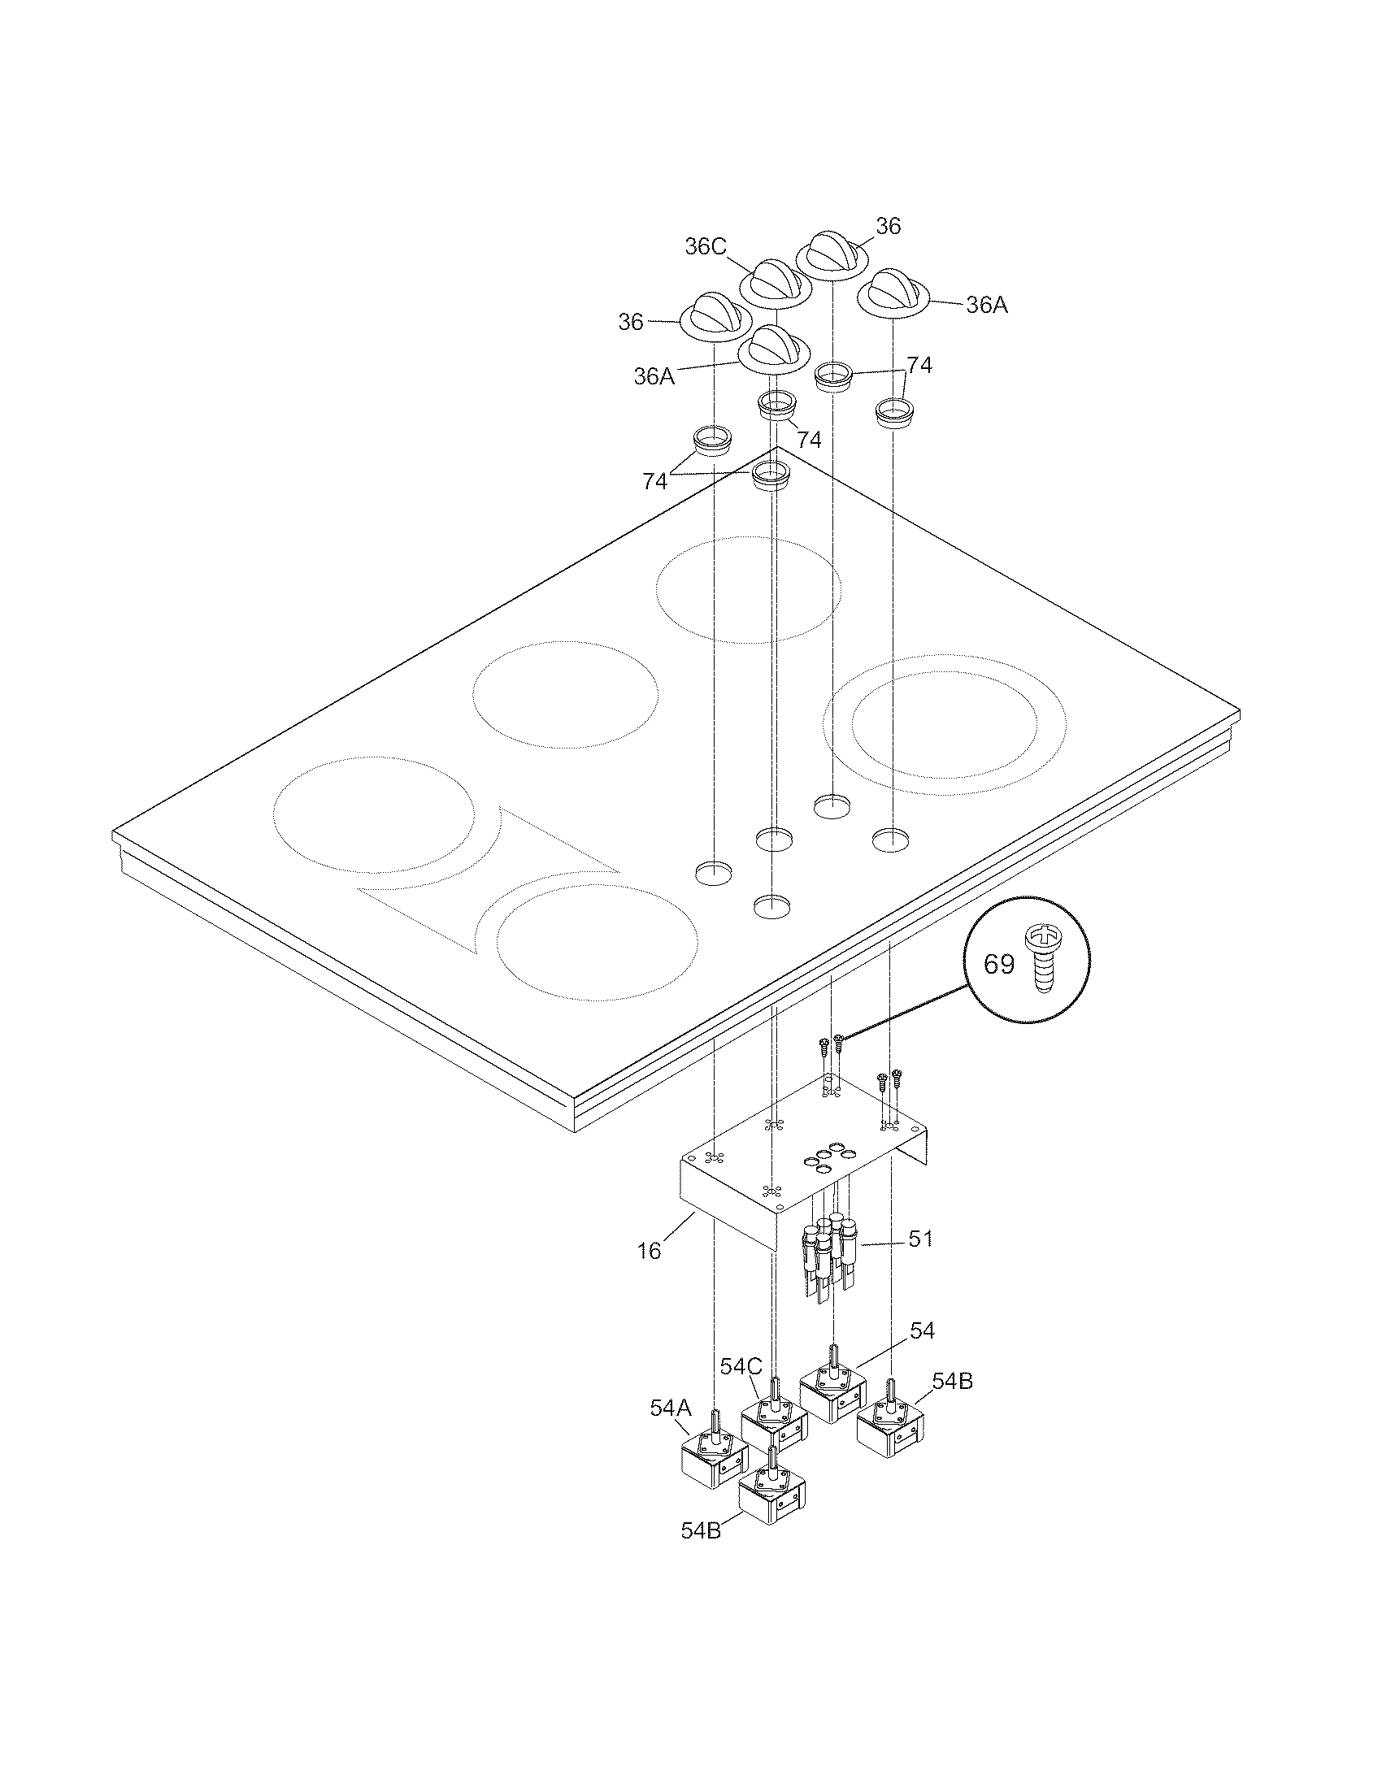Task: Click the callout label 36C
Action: (x=705, y=246)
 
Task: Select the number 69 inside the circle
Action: (x=998, y=965)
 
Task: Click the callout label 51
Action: (x=920, y=1239)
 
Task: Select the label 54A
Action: (x=671, y=1408)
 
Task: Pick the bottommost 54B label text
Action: (x=701, y=1530)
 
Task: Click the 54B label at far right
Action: (x=952, y=1381)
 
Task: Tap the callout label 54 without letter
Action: (x=922, y=1331)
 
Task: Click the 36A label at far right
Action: (x=987, y=306)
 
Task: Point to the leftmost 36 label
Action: (x=630, y=323)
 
